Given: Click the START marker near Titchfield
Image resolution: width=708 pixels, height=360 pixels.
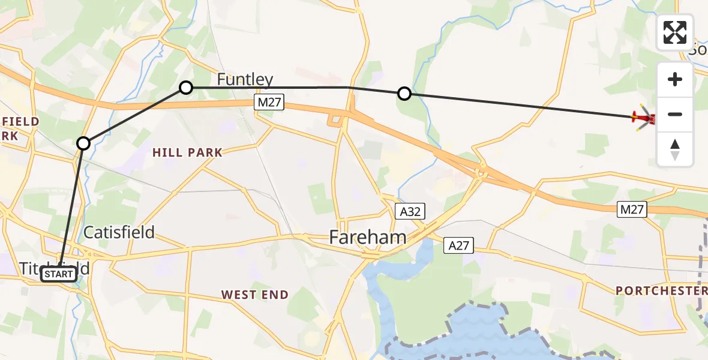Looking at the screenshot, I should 59,275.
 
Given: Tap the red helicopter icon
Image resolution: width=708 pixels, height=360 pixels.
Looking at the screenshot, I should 643,118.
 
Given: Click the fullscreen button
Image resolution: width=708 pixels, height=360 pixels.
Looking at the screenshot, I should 675,32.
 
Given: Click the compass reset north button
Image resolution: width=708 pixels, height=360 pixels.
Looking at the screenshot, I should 675,149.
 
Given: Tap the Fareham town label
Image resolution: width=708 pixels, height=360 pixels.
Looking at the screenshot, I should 367,237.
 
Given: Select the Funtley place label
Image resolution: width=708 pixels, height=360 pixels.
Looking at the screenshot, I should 245,79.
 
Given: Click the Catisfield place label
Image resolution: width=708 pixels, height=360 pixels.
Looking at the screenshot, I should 119,232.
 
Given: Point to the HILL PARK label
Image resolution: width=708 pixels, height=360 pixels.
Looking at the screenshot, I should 187,153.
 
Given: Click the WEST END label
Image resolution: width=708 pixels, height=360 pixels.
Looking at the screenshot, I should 255,295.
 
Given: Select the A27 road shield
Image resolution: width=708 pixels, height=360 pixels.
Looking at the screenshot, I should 459,245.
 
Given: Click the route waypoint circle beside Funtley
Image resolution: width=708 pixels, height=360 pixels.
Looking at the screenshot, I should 186,88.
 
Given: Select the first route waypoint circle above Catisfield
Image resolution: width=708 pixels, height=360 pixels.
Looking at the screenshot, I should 83,143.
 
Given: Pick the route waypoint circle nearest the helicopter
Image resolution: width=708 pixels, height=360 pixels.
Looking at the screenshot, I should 404,94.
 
